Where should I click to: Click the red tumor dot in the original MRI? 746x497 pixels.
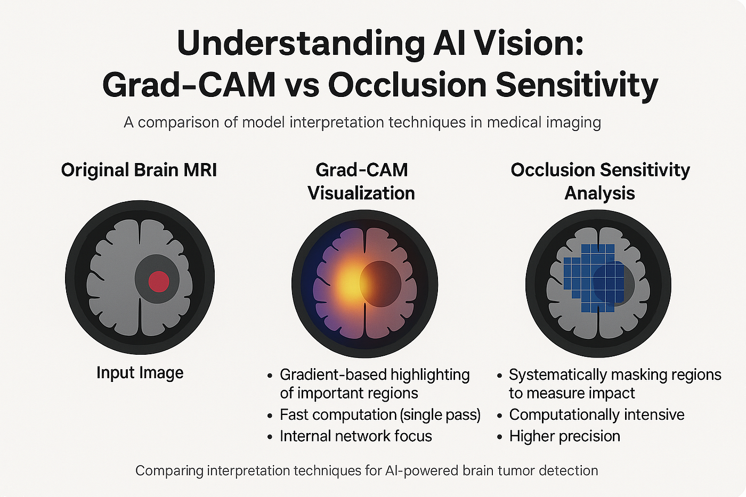coord(159,282)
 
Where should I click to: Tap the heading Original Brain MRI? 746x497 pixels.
coord(139,170)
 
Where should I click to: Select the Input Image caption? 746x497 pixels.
coord(140,373)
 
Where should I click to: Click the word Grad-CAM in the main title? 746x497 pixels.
coord(189,85)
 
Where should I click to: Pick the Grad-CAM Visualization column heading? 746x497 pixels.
coord(361,182)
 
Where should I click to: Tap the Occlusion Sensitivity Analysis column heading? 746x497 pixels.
coord(600,182)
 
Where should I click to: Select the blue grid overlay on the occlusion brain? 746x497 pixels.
coord(594,278)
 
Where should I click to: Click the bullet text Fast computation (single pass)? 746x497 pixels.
coord(380,415)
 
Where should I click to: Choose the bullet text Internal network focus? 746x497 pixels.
coord(356,436)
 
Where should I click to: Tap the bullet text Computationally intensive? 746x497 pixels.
coord(596,415)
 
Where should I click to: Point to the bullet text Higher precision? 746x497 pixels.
coord(564,436)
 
